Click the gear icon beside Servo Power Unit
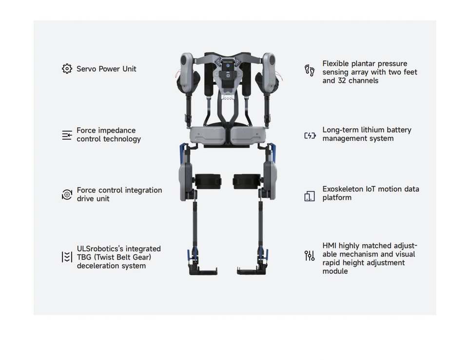(67, 69)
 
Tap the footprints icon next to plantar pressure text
(310, 70)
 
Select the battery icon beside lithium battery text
(310, 136)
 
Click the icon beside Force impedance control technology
(67, 135)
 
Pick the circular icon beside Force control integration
(67, 195)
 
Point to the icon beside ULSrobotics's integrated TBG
(67, 257)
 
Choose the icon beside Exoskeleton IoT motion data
(310, 196)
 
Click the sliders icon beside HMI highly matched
(310, 256)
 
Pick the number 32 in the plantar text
(342, 80)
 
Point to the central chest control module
(227, 71)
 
